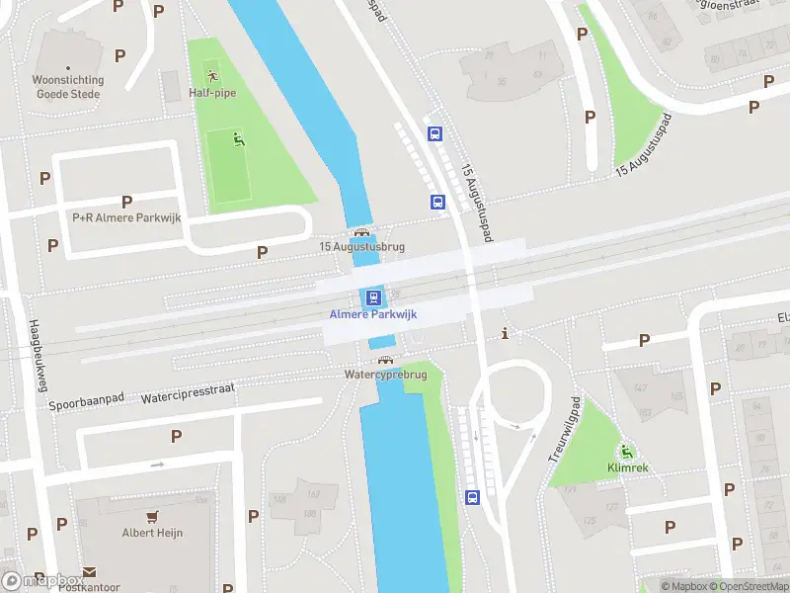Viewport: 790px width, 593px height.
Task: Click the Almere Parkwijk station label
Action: pyautogui.click(x=373, y=314)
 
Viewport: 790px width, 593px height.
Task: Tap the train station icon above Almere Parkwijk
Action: pyautogui.click(x=373, y=296)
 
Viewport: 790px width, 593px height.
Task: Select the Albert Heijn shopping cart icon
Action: pyautogui.click(x=153, y=517)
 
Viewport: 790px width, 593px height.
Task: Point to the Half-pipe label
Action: pyautogui.click(x=212, y=93)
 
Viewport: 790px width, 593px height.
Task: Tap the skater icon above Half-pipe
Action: pyautogui.click(x=211, y=74)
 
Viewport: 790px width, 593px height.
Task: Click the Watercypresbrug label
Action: pyautogui.click(x=385, y=376)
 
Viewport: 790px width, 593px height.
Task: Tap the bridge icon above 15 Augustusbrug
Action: pyautogui.click(x=361, y=233)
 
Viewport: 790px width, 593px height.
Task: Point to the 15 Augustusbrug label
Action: pyautogui.click(x=361, y=247)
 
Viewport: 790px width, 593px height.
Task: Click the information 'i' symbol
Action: pyautogui.click(x=507, y=332)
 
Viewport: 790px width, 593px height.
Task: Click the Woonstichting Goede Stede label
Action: pyautogui.click(x=69, y=87)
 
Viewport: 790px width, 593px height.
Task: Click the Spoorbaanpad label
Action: pyautogui.click(x=87, y=402)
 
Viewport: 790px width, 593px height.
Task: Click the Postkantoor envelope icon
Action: pyautogui.click(x=89, y=572)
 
